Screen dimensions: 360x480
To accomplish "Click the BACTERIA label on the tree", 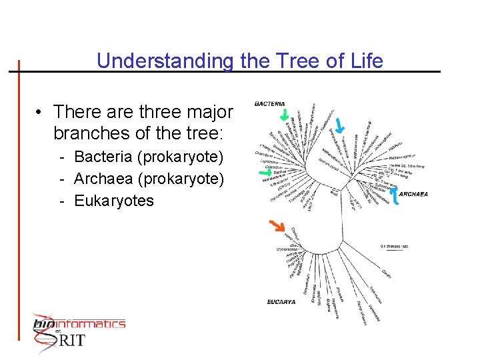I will [269, 104].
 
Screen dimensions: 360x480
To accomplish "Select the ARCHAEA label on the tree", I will [413, 194].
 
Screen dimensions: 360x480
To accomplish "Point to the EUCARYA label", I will [281, 302].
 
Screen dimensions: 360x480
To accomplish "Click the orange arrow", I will [275, 227].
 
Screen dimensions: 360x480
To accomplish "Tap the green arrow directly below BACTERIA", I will [285, 116].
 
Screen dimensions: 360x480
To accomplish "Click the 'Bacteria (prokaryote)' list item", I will [149, 157].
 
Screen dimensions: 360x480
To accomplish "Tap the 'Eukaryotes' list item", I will [114, 201].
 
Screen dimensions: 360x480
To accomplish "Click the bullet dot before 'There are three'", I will [41, 111].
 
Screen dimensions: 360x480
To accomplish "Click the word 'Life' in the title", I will [367, 61].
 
